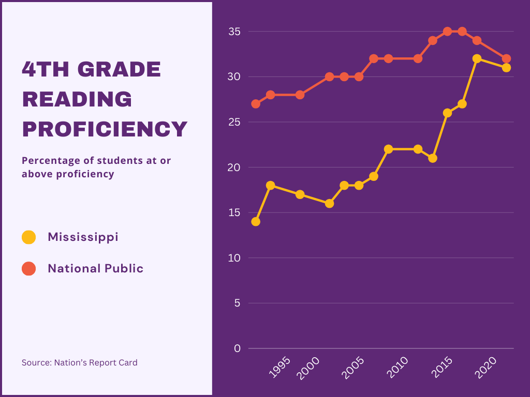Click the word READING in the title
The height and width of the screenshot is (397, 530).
[77, 99]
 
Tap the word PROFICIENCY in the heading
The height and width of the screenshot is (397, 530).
[105, 129]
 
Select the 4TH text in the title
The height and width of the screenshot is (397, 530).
[46, 69]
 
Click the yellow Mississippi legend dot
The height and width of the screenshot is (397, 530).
[29, 237]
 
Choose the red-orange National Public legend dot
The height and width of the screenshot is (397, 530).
[29, 269]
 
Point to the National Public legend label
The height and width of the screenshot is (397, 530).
[96, 268]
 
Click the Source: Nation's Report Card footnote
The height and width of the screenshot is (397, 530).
[79, 362]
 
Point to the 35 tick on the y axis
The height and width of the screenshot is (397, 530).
[234, 32]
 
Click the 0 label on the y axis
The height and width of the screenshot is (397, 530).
[237, 348]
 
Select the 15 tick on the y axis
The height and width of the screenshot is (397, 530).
[234, 212]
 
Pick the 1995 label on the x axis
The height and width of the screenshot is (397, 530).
[279, 367]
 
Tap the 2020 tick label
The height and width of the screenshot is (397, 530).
[485, 368]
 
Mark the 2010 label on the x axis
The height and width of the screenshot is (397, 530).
[397, 368]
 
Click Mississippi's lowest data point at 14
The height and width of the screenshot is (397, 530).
[256, 222]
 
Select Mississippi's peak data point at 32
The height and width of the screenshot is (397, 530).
[477, 59]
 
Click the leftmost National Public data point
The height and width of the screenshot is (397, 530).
[256, 104]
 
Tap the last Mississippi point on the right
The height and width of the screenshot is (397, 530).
[506, 68]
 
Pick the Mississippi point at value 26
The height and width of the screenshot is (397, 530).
[448, 113]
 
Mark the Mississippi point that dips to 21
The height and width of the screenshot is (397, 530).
[433, 158]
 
